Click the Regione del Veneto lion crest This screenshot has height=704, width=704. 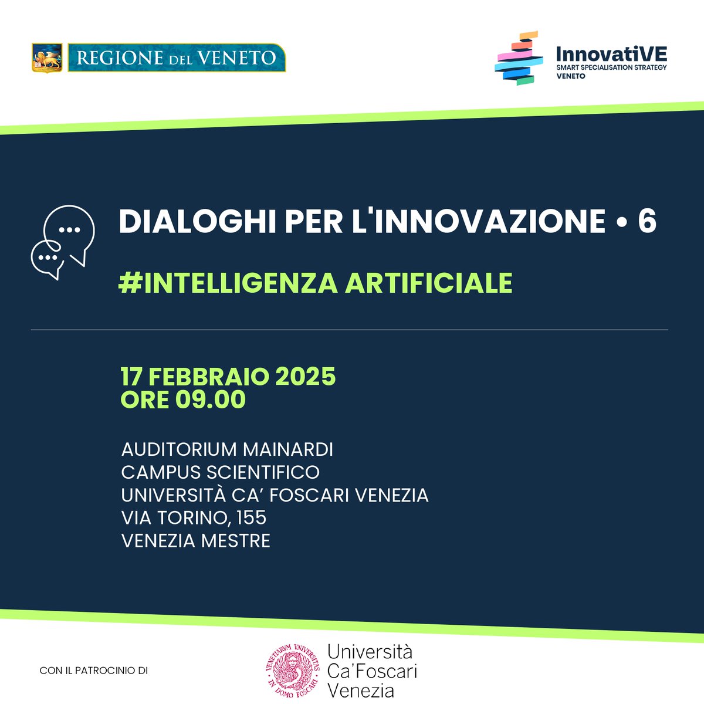point(47,57)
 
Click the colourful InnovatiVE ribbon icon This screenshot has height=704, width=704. point(517,59)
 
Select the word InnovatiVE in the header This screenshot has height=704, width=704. point(611,55)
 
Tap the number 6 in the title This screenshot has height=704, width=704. point(647,222)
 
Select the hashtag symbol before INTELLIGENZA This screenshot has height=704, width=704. point(127,283)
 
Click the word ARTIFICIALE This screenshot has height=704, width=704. point(428,283)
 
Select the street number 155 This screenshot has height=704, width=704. point(252,517)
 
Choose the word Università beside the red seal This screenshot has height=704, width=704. point(370,651)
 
